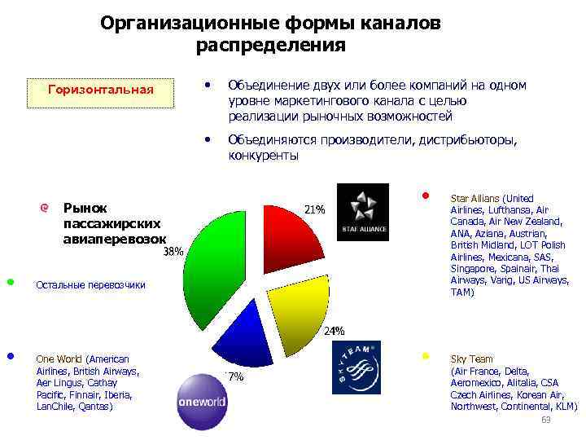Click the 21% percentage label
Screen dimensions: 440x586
[x=315, y=209]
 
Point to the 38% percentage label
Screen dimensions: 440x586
[x=173, y=253]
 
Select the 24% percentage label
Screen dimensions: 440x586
[x=335, y=332]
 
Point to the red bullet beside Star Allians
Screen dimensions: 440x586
[x=425, y=196]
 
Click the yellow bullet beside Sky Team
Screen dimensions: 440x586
[x=425, y=357]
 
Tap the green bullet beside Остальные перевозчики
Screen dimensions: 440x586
[x=11, y=282]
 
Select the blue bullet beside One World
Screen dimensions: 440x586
[x=11, y=356]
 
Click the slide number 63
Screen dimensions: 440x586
[x=546, y=420]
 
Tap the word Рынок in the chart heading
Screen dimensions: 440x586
[x=85, y=208]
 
